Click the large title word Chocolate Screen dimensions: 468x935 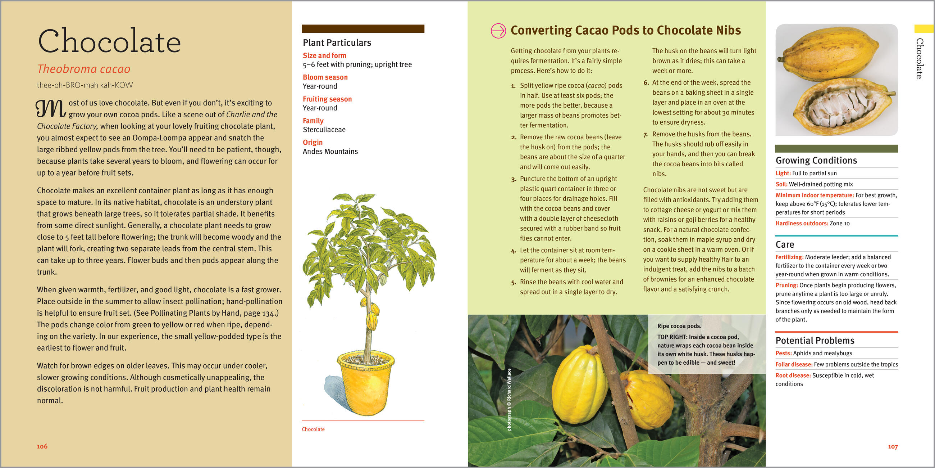pyautogui.click(x=109, y=41)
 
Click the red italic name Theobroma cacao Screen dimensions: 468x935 pyautogui.click(x=84, y=69)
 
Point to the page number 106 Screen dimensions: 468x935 pyautogui.click(x=42, y=446)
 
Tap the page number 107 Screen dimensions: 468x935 pyautogui.click(x=893, y=446)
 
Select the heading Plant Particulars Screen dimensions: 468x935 pyautogui.click(x=337, y=43)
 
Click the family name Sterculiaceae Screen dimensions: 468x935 pyautogui.click(x=324, y=130)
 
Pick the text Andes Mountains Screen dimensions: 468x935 pyautogui.click(x=330, y=152)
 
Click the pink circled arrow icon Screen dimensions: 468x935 pyautogui.click(x=498, y=31)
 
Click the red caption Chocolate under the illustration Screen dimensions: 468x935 pyautogui.click(x=313, y=429)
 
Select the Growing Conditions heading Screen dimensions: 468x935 pyautogui.click(x=816, y=161)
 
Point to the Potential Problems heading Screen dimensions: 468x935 pyautogui.click(x=815, y=341)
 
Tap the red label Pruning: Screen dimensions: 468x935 pyautogui.click(x=786, y=285)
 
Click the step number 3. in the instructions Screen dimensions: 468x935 pyautogui.click(x=514, y=179)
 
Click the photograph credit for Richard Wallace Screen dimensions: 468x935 pyautogui.click(x=509, y=399)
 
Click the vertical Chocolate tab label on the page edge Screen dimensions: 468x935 pyautogui.click(x=920, y=58)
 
